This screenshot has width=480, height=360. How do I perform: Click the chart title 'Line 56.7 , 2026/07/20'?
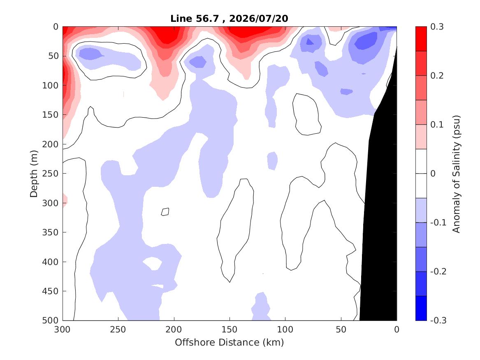point(229,19)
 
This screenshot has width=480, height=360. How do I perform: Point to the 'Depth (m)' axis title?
point(33,174)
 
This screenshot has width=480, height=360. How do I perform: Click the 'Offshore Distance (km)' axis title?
point(229,342)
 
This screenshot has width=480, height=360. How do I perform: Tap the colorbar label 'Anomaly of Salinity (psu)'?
point(456,174)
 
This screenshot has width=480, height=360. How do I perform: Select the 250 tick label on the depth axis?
point(50,174)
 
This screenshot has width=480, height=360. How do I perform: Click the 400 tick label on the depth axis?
point(50,262)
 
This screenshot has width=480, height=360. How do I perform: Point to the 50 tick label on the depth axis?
point(53,56)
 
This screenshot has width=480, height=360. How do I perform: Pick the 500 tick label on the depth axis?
point(50,321)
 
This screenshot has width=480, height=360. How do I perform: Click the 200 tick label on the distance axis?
point(174,330)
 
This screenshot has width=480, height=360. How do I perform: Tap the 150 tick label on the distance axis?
point(230,330)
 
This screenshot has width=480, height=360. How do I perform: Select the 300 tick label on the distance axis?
point(63,330)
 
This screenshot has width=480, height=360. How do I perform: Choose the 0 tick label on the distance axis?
point(397,330)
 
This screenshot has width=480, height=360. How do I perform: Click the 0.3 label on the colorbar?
point(437,27)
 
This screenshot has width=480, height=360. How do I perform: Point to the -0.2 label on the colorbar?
point(438,272)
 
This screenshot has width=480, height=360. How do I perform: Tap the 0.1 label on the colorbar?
point(437,125)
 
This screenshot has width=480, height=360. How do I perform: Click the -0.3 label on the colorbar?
point(438,321)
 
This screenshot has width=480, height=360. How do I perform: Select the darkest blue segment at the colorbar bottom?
point(421,308)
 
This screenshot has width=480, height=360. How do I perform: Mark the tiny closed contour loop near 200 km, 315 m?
point(165,211)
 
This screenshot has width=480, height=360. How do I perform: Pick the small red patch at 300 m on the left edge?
point(65,201)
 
